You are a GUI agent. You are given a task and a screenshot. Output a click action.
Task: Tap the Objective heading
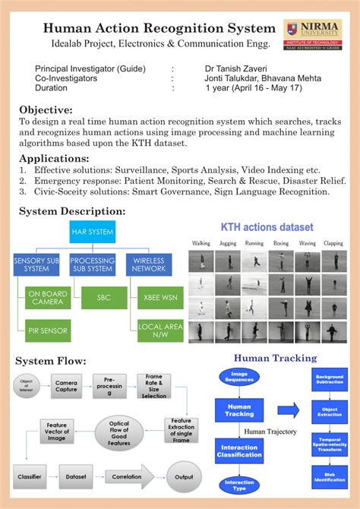tap(46, 109)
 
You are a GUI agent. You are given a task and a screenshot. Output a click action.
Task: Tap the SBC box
tap(103, 297)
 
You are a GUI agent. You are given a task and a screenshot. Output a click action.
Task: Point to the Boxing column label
tap(280, 244)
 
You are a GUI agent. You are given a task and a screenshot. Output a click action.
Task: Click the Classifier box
tap(29, 476)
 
